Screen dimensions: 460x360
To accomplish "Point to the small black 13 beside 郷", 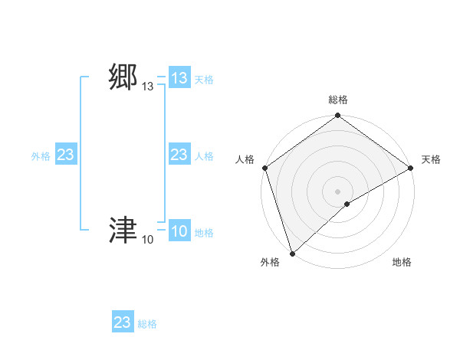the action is [148, 87].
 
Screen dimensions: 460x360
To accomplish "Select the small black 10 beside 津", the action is [148, 240].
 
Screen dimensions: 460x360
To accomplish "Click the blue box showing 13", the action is [179, 78].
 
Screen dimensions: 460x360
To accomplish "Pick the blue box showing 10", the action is [179, 231].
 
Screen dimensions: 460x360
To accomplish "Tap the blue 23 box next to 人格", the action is [179, 155].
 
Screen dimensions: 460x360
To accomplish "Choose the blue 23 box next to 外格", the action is [66, 155].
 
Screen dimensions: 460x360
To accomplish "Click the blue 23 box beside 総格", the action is [123, 322].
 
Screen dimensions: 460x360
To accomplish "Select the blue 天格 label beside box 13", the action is [204, 80].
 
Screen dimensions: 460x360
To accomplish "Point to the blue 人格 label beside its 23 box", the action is [204, 156].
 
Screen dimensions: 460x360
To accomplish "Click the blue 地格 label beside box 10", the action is [204, 233].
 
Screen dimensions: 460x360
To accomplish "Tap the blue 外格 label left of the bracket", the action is [41, 156].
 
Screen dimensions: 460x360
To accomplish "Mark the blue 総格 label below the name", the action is [147, 324].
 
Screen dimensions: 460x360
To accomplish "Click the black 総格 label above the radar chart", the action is [338, 100].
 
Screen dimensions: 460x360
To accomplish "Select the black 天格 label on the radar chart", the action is [432, 159].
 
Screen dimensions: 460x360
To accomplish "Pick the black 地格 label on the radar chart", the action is [402, 263].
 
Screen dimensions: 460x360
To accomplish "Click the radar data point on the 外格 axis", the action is [292, 253].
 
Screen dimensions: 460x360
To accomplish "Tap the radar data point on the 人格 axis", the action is [264, 167].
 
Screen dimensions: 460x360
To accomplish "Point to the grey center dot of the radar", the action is [337, 191].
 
